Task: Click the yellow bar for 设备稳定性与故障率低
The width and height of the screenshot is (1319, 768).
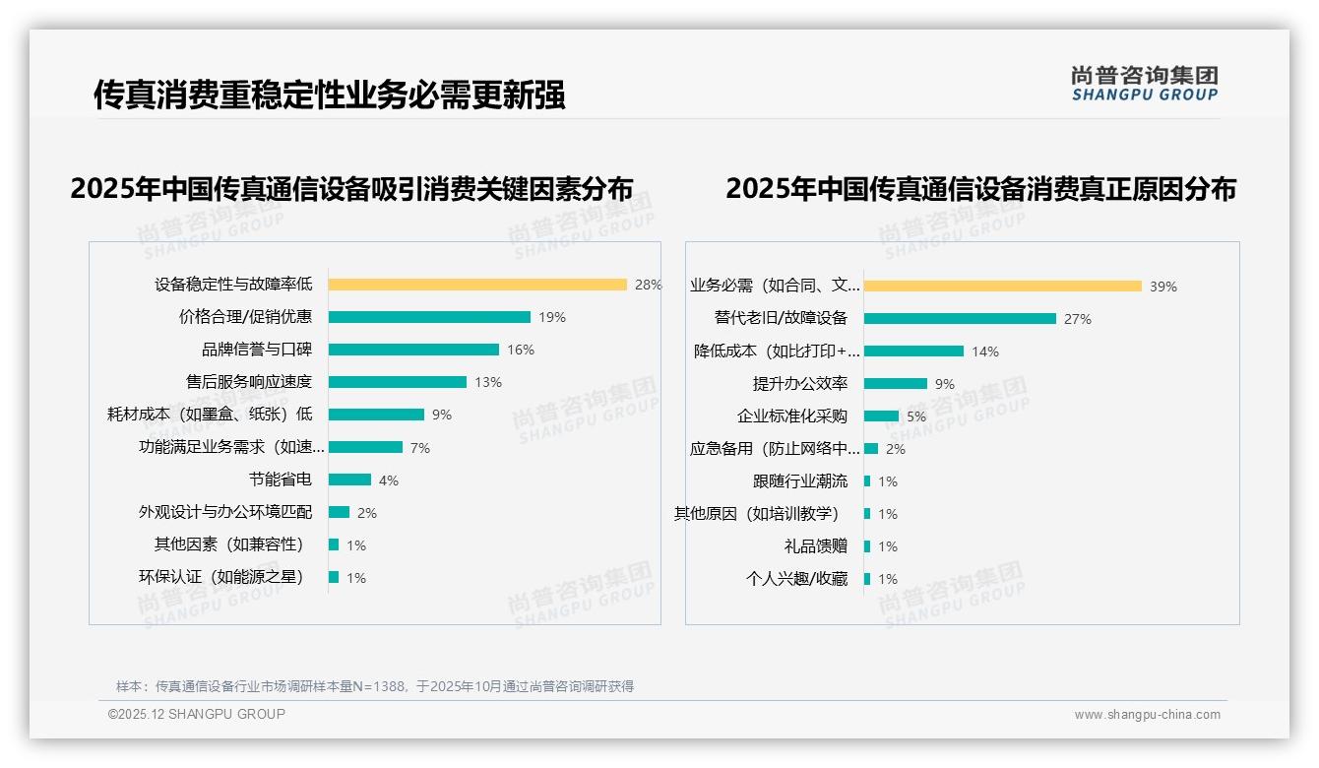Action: tap(477, 285)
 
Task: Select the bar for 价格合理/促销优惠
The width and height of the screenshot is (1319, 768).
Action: tap(429, 317)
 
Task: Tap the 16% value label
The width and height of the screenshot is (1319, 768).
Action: tap(521, 350)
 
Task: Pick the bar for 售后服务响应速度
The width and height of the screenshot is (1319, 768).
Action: tap(398, 382)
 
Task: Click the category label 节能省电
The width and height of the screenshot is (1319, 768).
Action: tap(281, 480)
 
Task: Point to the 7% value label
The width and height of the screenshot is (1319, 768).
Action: tap(420, 448)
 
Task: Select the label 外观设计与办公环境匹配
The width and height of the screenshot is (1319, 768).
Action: tap(225, 512)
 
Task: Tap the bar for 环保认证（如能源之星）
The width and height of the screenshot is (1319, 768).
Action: tap(334, 577)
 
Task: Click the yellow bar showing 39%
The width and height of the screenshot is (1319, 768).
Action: tap(1003, 287)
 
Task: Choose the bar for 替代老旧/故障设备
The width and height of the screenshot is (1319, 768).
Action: tap(960, 319)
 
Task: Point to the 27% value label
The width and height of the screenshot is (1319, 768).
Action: tap(1078, 319)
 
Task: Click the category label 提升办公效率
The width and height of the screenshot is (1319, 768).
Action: tap(800, 383)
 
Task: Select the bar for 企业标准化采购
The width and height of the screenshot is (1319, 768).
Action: tap(881, 416)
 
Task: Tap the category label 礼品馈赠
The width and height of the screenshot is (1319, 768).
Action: tap(816, 545)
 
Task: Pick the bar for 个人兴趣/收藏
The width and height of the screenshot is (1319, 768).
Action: tap(867, 579)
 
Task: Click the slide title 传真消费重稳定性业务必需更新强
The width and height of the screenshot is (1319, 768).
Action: tap(330, 95)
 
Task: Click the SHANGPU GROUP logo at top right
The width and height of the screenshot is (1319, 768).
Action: tap(1145, 84)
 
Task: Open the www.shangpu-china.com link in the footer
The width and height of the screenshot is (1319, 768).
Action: tap(1147, 715)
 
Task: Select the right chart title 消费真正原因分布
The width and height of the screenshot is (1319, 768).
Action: tap(980, 188)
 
